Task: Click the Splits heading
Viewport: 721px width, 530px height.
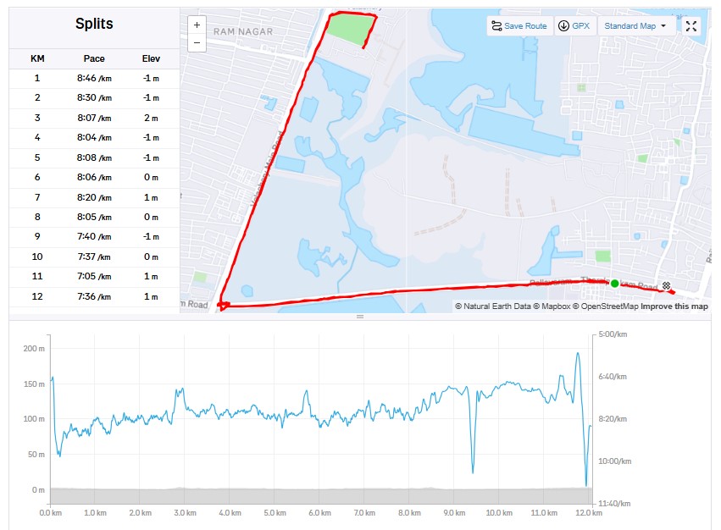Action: click(93, 24)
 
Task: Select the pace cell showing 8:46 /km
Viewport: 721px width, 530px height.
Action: click(93, 78)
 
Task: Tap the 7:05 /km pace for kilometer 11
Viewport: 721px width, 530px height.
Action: click(93, 277)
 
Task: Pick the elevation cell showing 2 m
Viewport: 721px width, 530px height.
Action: click(151, 118)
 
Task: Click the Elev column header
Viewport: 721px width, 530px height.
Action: click(150, 58)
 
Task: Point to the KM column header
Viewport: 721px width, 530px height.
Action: click(37, 58)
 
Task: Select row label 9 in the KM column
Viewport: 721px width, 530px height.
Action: click(37, 237)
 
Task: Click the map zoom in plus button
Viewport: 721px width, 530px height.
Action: click(197, 25)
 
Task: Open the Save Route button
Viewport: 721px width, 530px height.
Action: click(519, 26)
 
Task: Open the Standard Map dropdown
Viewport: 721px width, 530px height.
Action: click(635, 26)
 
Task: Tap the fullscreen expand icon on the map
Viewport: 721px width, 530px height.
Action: click(691, 26)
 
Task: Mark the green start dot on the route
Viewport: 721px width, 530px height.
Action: click(615, 284)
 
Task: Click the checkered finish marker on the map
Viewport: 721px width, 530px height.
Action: click(667, 285)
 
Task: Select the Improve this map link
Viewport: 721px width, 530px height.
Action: click(674, 306)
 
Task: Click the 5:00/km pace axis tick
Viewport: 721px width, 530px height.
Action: click(611, 334)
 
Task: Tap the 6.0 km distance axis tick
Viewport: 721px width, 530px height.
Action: click(319, 513)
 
